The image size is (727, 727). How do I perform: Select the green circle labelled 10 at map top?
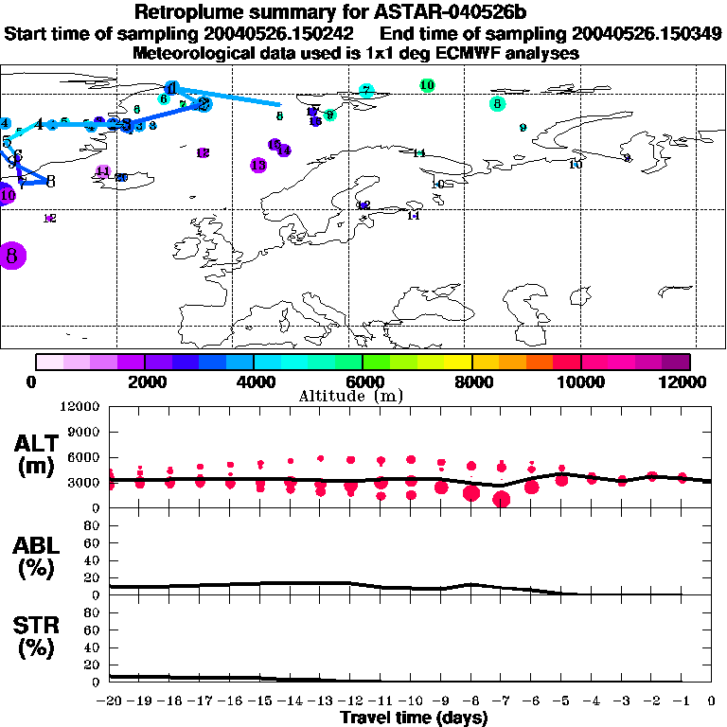coord(427,85)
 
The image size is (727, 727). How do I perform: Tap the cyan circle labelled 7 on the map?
coord(366,91)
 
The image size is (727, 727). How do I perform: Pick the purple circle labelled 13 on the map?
coord(258,165)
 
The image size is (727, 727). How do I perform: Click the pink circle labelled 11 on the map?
coord(103,171)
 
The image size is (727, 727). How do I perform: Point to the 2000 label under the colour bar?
coord(144,381)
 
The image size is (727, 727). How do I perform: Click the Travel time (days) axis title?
coord(413,718)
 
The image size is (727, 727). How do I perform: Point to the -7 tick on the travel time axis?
coord(499,701)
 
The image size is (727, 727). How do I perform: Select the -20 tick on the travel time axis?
coord(109,701)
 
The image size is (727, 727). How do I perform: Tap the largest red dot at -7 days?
coord(502,499)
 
